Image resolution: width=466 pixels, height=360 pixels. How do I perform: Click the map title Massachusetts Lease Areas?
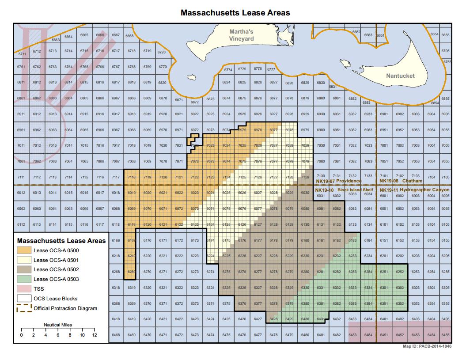(x=235, y=12)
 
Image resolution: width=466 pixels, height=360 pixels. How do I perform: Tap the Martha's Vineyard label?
(x=241, y=35)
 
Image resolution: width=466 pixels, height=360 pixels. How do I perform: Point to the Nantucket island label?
(x=400, y=76)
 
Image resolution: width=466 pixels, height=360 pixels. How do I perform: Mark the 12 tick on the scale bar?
(x=94, y=330)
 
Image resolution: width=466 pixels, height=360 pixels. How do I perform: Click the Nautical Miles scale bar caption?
(x=57, y=325)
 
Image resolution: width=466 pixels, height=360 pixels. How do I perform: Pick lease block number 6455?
(x=445, y=335)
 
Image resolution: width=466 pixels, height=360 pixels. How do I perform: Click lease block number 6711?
(x=21, y=53)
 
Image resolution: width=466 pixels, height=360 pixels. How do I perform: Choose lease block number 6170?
(x=147, y=240)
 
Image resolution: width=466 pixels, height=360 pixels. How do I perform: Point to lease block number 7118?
(x=131, y=177)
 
